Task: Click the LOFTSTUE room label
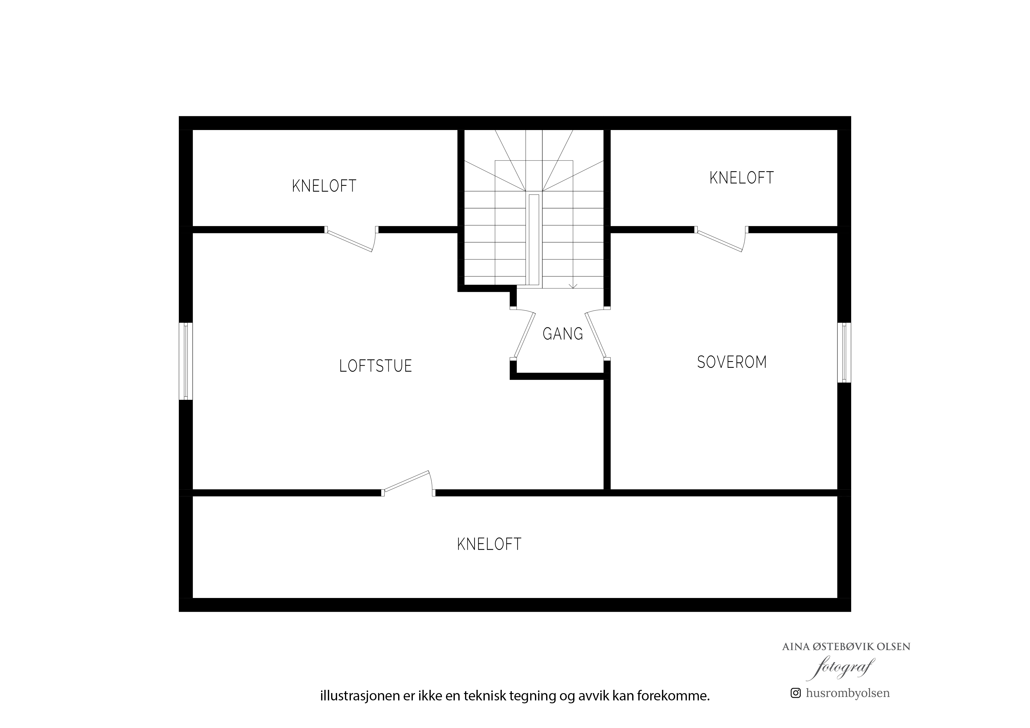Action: (376, 366)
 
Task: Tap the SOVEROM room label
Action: (732, 362)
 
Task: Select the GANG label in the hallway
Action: (563, 334)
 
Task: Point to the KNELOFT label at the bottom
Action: (489, 544)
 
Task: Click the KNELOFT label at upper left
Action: (324, 186)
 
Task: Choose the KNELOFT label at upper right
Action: (742, 178)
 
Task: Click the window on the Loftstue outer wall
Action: (186, 361)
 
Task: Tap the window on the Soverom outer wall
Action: (844, 353)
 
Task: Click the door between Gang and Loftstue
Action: (524, 334)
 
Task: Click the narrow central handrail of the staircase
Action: (534, 240)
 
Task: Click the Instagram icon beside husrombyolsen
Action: (795, 693)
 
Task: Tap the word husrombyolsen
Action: (847, 693)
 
